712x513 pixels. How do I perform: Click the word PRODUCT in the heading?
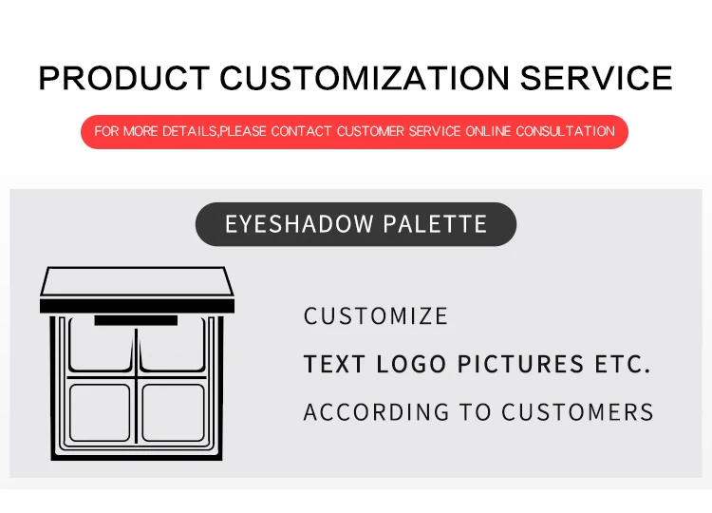[x=122, y=77]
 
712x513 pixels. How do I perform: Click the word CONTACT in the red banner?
[x=302, y=131]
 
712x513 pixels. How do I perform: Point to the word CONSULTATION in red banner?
[x=566, y=131]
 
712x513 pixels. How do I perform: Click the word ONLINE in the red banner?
[x=488, y=131]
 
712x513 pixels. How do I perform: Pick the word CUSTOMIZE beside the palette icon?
[x=376, y=316]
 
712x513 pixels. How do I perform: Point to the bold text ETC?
[x=623, y=364]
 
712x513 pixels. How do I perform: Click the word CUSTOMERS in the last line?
[x=577, y=412]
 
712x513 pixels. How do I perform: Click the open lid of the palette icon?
[x=136, y=287]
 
